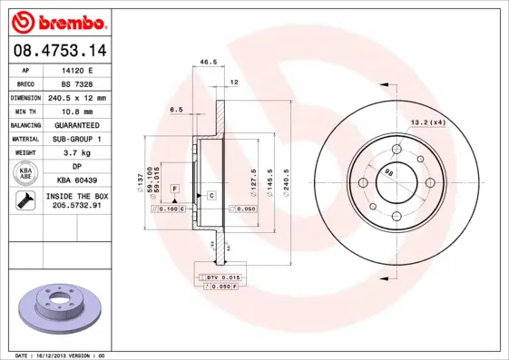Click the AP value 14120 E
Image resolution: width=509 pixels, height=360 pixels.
(x=76, y=70)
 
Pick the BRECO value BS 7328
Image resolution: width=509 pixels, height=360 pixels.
(x=76, y=83)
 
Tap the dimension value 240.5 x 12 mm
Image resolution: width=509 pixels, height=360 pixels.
(x=76, y=97)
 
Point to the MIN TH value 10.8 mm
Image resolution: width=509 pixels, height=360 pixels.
(x=76, y=111)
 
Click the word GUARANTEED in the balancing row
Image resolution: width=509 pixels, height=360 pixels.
(x=76, y=124)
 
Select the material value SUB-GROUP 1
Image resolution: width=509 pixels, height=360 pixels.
(x=76, y=139)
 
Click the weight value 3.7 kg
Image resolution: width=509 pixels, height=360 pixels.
(x=76, y=153)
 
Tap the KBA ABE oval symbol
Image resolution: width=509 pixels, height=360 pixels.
(x=25, y=174)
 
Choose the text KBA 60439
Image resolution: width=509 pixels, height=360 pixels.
(x=76, y=181)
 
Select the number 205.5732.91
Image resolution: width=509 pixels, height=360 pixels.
(x=76, y=207)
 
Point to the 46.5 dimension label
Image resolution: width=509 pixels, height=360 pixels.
(x=208, y=62)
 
